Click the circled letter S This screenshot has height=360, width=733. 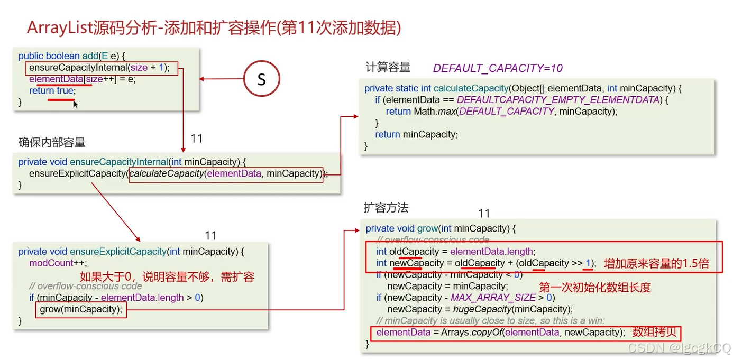pos(261,79)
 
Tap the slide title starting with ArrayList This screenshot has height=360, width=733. pos(214,27)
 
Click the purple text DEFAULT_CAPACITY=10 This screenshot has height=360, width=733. pos(498,68)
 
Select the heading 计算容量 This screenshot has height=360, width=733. pos(388,67)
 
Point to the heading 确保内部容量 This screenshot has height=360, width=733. pos(52,142)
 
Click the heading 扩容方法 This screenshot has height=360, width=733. pos(386,208)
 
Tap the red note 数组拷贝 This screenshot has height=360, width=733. pos(654,332)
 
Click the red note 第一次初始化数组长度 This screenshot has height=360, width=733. pos(594,287)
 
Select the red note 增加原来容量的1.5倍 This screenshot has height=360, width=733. pos(656,263)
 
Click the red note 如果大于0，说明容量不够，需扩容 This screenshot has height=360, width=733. pos(167,276)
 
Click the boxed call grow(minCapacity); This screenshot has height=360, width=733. pos(81,309)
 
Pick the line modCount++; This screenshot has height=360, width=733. pos(58,263)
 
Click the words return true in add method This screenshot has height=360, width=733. pos(52,91)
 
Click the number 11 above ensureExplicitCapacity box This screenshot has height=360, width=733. pos(210,236)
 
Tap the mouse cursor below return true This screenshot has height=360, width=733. pos(76,105)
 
